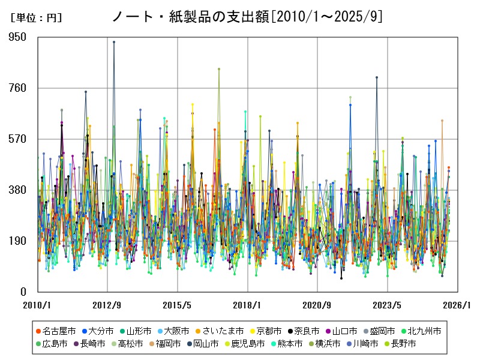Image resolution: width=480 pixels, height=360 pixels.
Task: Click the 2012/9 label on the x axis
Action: [107, 304]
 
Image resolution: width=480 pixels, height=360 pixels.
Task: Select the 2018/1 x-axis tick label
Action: [248, 304]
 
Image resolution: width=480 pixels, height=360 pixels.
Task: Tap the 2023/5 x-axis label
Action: [388, 304]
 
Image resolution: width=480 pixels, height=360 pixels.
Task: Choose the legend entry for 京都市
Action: [268, 331]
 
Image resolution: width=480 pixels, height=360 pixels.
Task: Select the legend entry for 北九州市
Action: [424, 331]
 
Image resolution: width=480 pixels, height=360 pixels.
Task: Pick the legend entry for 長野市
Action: [402, 344]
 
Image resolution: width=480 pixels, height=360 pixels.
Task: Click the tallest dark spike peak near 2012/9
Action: [114, 42]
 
